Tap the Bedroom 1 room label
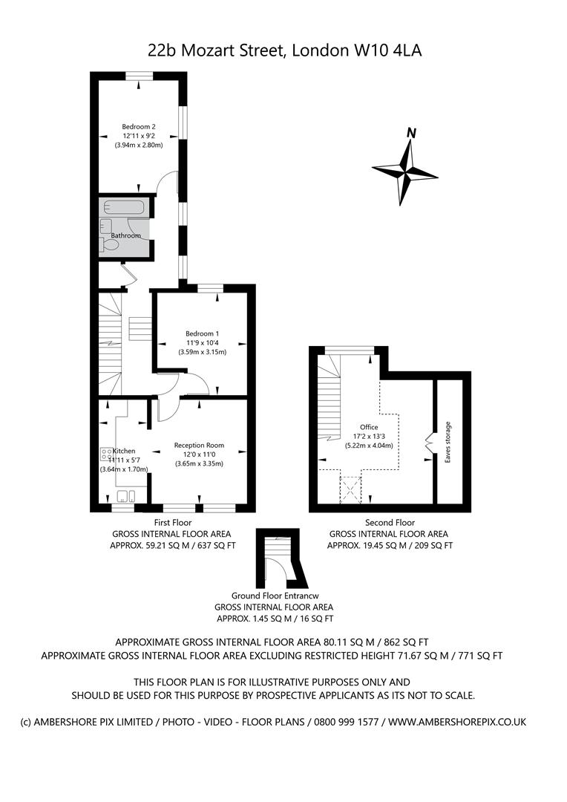pyautogui.click(x=202, y=333)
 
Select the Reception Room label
pyautogui.click(x=199, y=446)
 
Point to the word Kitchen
pyautogui.click(x=124, y=451)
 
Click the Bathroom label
pyautogui.click(x=125, y=235)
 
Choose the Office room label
pyautogui.click(x=369, y=427)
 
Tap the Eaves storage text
pyautogui.click(x=448, y=443)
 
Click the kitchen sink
pyautogui.click(x=126, y=497)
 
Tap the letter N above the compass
pyautogui.click(x=410, y=134)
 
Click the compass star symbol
pyautogui.click(x=405, y=172)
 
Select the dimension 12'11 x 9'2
pyautogui.click(x=139, y=136)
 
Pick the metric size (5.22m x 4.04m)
pyautogui.click(x=369, y=446)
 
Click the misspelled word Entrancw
pyautogui.click(x=308, y=596)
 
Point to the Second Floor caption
pyautogui.click(x=390, y=523)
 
